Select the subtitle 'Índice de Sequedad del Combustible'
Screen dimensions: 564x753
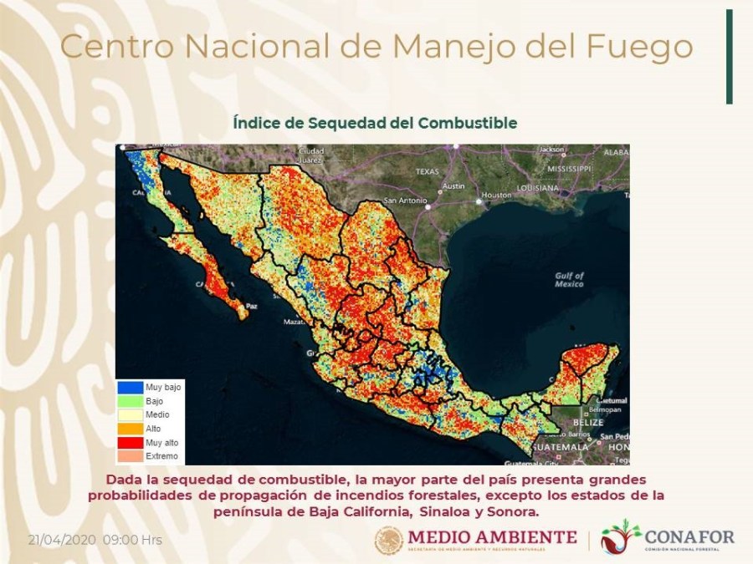pyautogui.click(x=375, y=123)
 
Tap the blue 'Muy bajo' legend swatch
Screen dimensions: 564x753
pyautogui.click(x=130, y=388)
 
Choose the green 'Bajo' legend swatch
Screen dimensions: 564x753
pyautogui.click(x=130, y=402)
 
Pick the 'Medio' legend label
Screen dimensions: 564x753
pyautogui.click(x=157, y=415)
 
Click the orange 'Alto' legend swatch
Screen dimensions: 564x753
pyautogui.click(x=130, y=429)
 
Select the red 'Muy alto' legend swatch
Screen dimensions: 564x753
pyautogui.click(x=130, y=442)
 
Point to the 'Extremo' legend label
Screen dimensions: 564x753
pyautogui.click(x=161, y=456)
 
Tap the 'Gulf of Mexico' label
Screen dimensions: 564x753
pyautogui.click(x=569, y=280)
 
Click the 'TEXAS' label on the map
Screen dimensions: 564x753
pyautogui.click(x=427, y=171)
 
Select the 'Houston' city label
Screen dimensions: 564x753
pyautogui.click(x=496, y=195)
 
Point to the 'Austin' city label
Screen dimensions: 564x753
pyautogui.click(x=453, y=186)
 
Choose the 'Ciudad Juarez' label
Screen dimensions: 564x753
pyautogui.click(x=310, y=155)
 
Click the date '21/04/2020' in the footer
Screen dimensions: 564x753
pyautogui.click(x=63, y=540)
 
